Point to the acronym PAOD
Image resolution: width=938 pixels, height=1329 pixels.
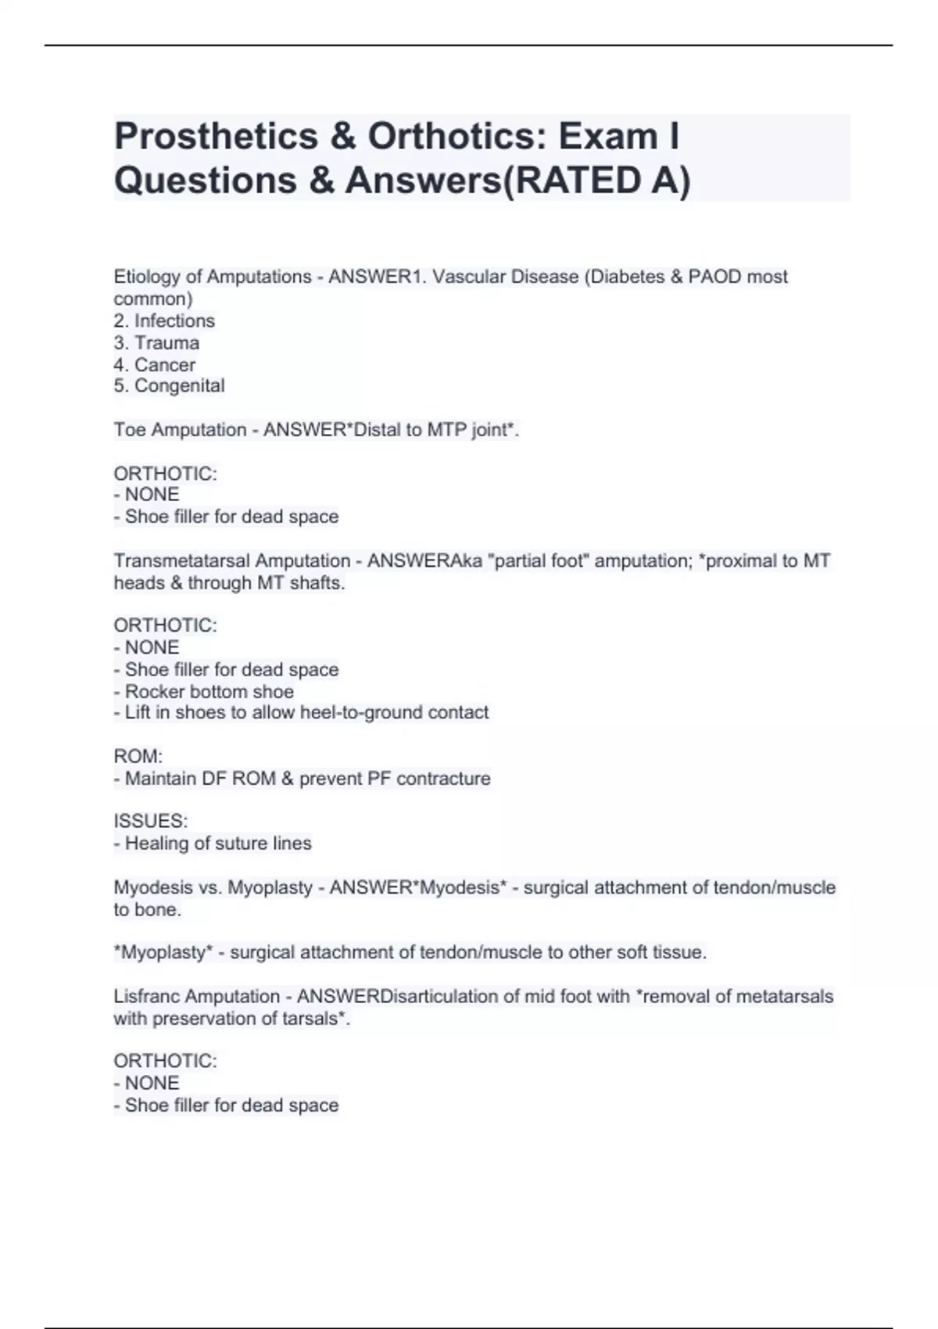click(x=714, y=277)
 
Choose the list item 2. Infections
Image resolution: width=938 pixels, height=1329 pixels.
click(x=164, y=321)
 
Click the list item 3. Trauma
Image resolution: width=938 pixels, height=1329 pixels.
click(x=156, y=342)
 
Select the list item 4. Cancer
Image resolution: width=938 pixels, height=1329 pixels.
click(x=155, y=364)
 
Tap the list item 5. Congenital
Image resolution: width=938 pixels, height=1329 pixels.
click(x=169, y=385)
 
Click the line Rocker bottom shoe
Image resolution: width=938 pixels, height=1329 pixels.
click(x=209, y=691)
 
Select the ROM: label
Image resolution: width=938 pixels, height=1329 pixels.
click(x=138, y=756)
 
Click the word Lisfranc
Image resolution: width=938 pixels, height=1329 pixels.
click(x=147, y=996)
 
